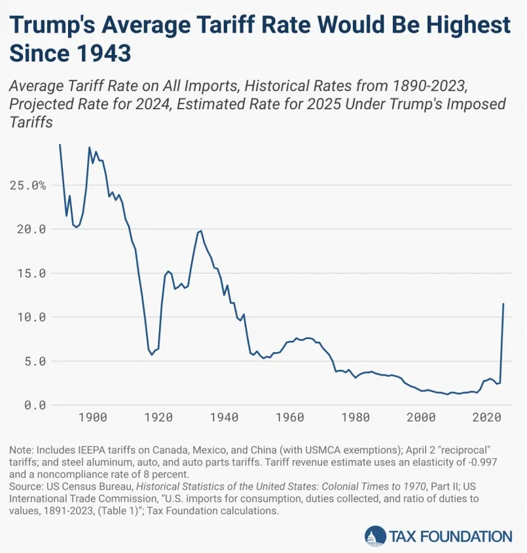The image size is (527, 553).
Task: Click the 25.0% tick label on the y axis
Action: coord(27,185)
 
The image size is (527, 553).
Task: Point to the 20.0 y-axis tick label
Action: coord(27,229)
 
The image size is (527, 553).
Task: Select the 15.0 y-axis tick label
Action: coord(27,273)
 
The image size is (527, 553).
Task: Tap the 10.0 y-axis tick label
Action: coord(27,317)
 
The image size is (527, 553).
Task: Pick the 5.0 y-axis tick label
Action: coord(30,361)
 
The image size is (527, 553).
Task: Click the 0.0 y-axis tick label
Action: coord(30,404)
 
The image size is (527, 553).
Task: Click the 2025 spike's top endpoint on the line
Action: coord(503,304)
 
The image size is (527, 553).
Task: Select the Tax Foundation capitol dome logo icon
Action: coord(375,535)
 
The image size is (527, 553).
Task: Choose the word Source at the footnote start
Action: coord(25,486)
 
